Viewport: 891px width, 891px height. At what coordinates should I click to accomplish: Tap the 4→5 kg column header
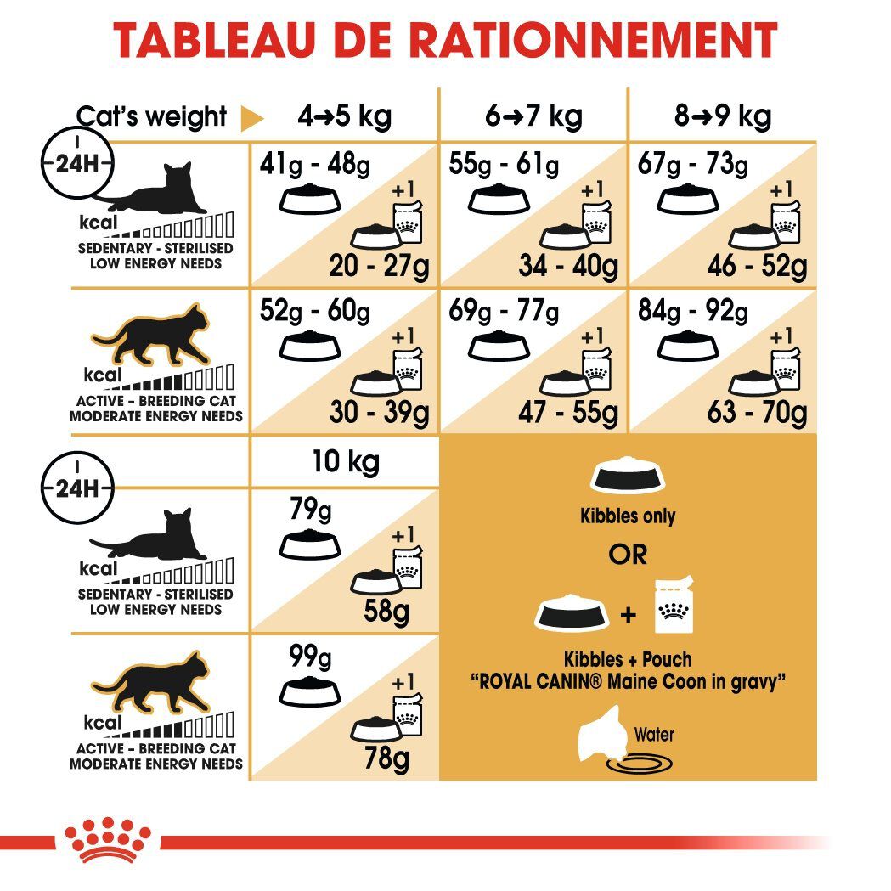click(x=344, y=116)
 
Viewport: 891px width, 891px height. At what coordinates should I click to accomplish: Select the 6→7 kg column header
click(x=533, y=116)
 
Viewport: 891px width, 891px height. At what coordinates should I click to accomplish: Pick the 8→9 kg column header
click(x=723, y=116)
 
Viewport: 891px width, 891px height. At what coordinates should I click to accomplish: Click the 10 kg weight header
click(x=344, y=462)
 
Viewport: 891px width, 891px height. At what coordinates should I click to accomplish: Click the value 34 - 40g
click(x=568, y=267)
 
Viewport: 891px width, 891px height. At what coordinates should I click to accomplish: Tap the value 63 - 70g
click(x=757, y=413)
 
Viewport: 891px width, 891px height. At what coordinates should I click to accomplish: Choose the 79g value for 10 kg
click(x=310, y=512)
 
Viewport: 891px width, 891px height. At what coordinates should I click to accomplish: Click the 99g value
click(x=310, y=656)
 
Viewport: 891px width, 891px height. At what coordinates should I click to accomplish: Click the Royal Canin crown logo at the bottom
click(x=108, y=841)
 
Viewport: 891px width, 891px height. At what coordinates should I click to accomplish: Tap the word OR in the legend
click(x=628, y=555)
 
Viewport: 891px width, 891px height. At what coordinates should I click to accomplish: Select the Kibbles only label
click(x=628, y=516)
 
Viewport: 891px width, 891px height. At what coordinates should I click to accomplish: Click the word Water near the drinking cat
click(x=653, y=734)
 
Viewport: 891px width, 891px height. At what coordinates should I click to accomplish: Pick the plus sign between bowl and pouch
click(x=629, y=613)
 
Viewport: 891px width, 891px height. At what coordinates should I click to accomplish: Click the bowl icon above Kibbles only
click(x=628, y=476)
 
